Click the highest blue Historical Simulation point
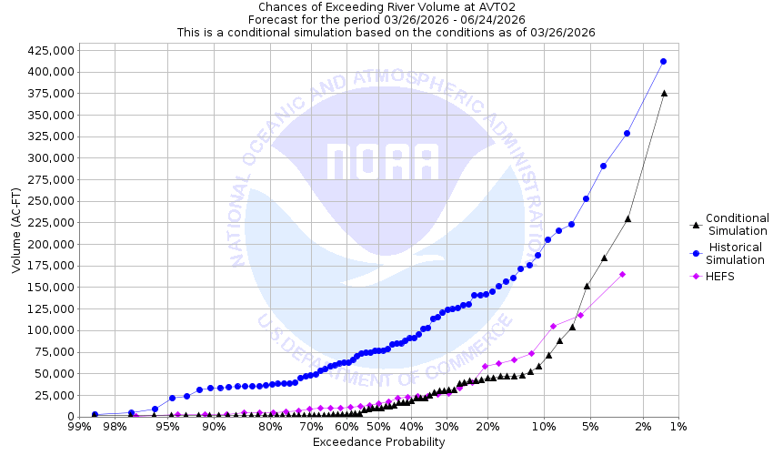[x=663, y=61]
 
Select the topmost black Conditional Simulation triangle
[x=664, y=93]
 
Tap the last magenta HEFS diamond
[x=623, y=274]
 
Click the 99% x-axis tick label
[x=77, y=426]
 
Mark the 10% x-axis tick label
[x=543, y=426]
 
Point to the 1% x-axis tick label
[x=678, y=426]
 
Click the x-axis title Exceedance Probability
[x=378, y=442]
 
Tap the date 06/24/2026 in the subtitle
[x=494, y=19]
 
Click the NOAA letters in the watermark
[x=382, y=161]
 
